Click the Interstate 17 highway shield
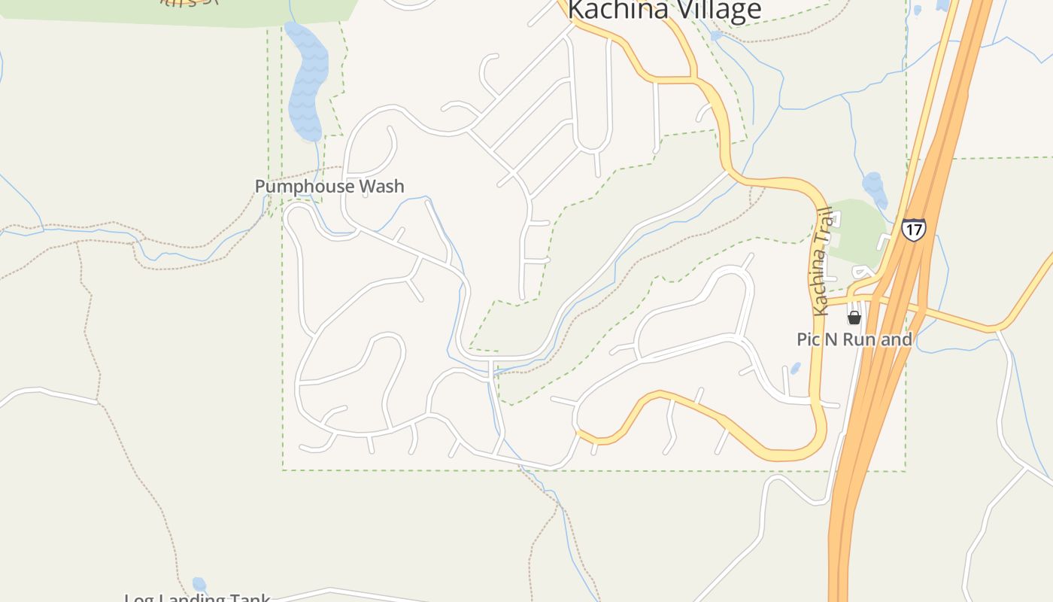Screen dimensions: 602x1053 pyautogui.click(x=913, y=229)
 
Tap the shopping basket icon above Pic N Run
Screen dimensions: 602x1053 pyautogui.click(x=854, y=318)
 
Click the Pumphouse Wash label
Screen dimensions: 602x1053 pyautogui.click(x=329, y=186)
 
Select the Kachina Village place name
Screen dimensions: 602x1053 pyautogui.click(x=664, y=11)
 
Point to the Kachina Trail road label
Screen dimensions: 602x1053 pyautogui.click(x=821, y=260)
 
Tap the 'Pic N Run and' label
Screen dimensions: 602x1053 pyautogui.click(x=854, y=339)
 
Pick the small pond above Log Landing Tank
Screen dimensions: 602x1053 pyautogui.click(x=199, y=584)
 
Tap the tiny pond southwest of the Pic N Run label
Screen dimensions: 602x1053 pyautogui.click(x=795, y=369)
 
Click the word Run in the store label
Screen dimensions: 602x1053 pyautogui.click(x=860, y=339)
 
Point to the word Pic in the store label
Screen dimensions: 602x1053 pyautogui.click(x=809, y=339)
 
